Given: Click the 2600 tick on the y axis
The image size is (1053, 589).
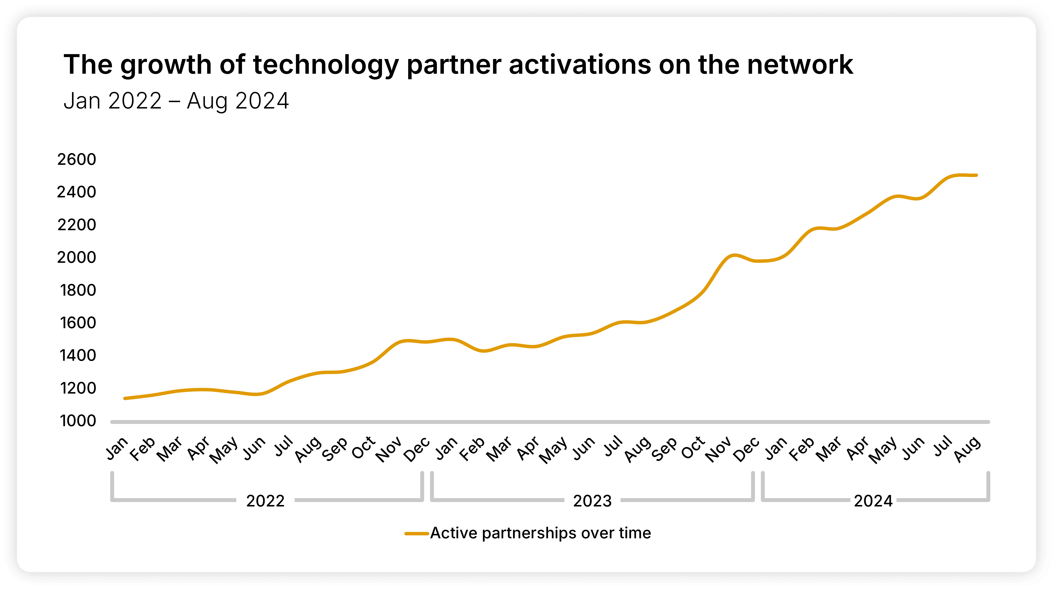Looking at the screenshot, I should pyautogui.click(x=76, y=159).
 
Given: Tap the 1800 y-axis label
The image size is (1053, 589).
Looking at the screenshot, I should pyautogui.click(x=78, y=290).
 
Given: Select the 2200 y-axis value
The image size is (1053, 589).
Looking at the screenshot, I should pyautogui.click(x=76, y=225).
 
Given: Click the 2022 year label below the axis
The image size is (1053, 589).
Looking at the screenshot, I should pyautogui.click(x=265, y=501).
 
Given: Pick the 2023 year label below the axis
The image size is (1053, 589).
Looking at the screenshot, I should pyautogui.click(x=592, y=501).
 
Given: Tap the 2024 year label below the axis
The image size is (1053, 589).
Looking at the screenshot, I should pyautogui.click(x=873, y=501).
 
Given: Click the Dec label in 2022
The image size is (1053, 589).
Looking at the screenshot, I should pyautogui.click(x=417, y=448).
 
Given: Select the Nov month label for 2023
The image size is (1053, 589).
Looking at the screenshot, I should pyautogui.click(x=719, y=449).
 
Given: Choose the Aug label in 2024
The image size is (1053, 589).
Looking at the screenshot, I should pyautogui.click(x=968, y=449).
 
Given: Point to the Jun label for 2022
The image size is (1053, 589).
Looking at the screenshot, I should pyautogui.click(x=254, y=448).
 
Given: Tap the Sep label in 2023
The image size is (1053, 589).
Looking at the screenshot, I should pyautogui.click(x=664, y=449).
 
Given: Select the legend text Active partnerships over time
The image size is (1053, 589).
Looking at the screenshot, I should pyautogui.click(x=540, y=533).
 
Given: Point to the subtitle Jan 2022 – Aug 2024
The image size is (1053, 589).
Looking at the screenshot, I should pyautogui.click(x=176, y=101).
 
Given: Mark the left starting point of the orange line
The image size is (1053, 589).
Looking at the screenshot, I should pyautogui.click(x=125, y=398).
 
